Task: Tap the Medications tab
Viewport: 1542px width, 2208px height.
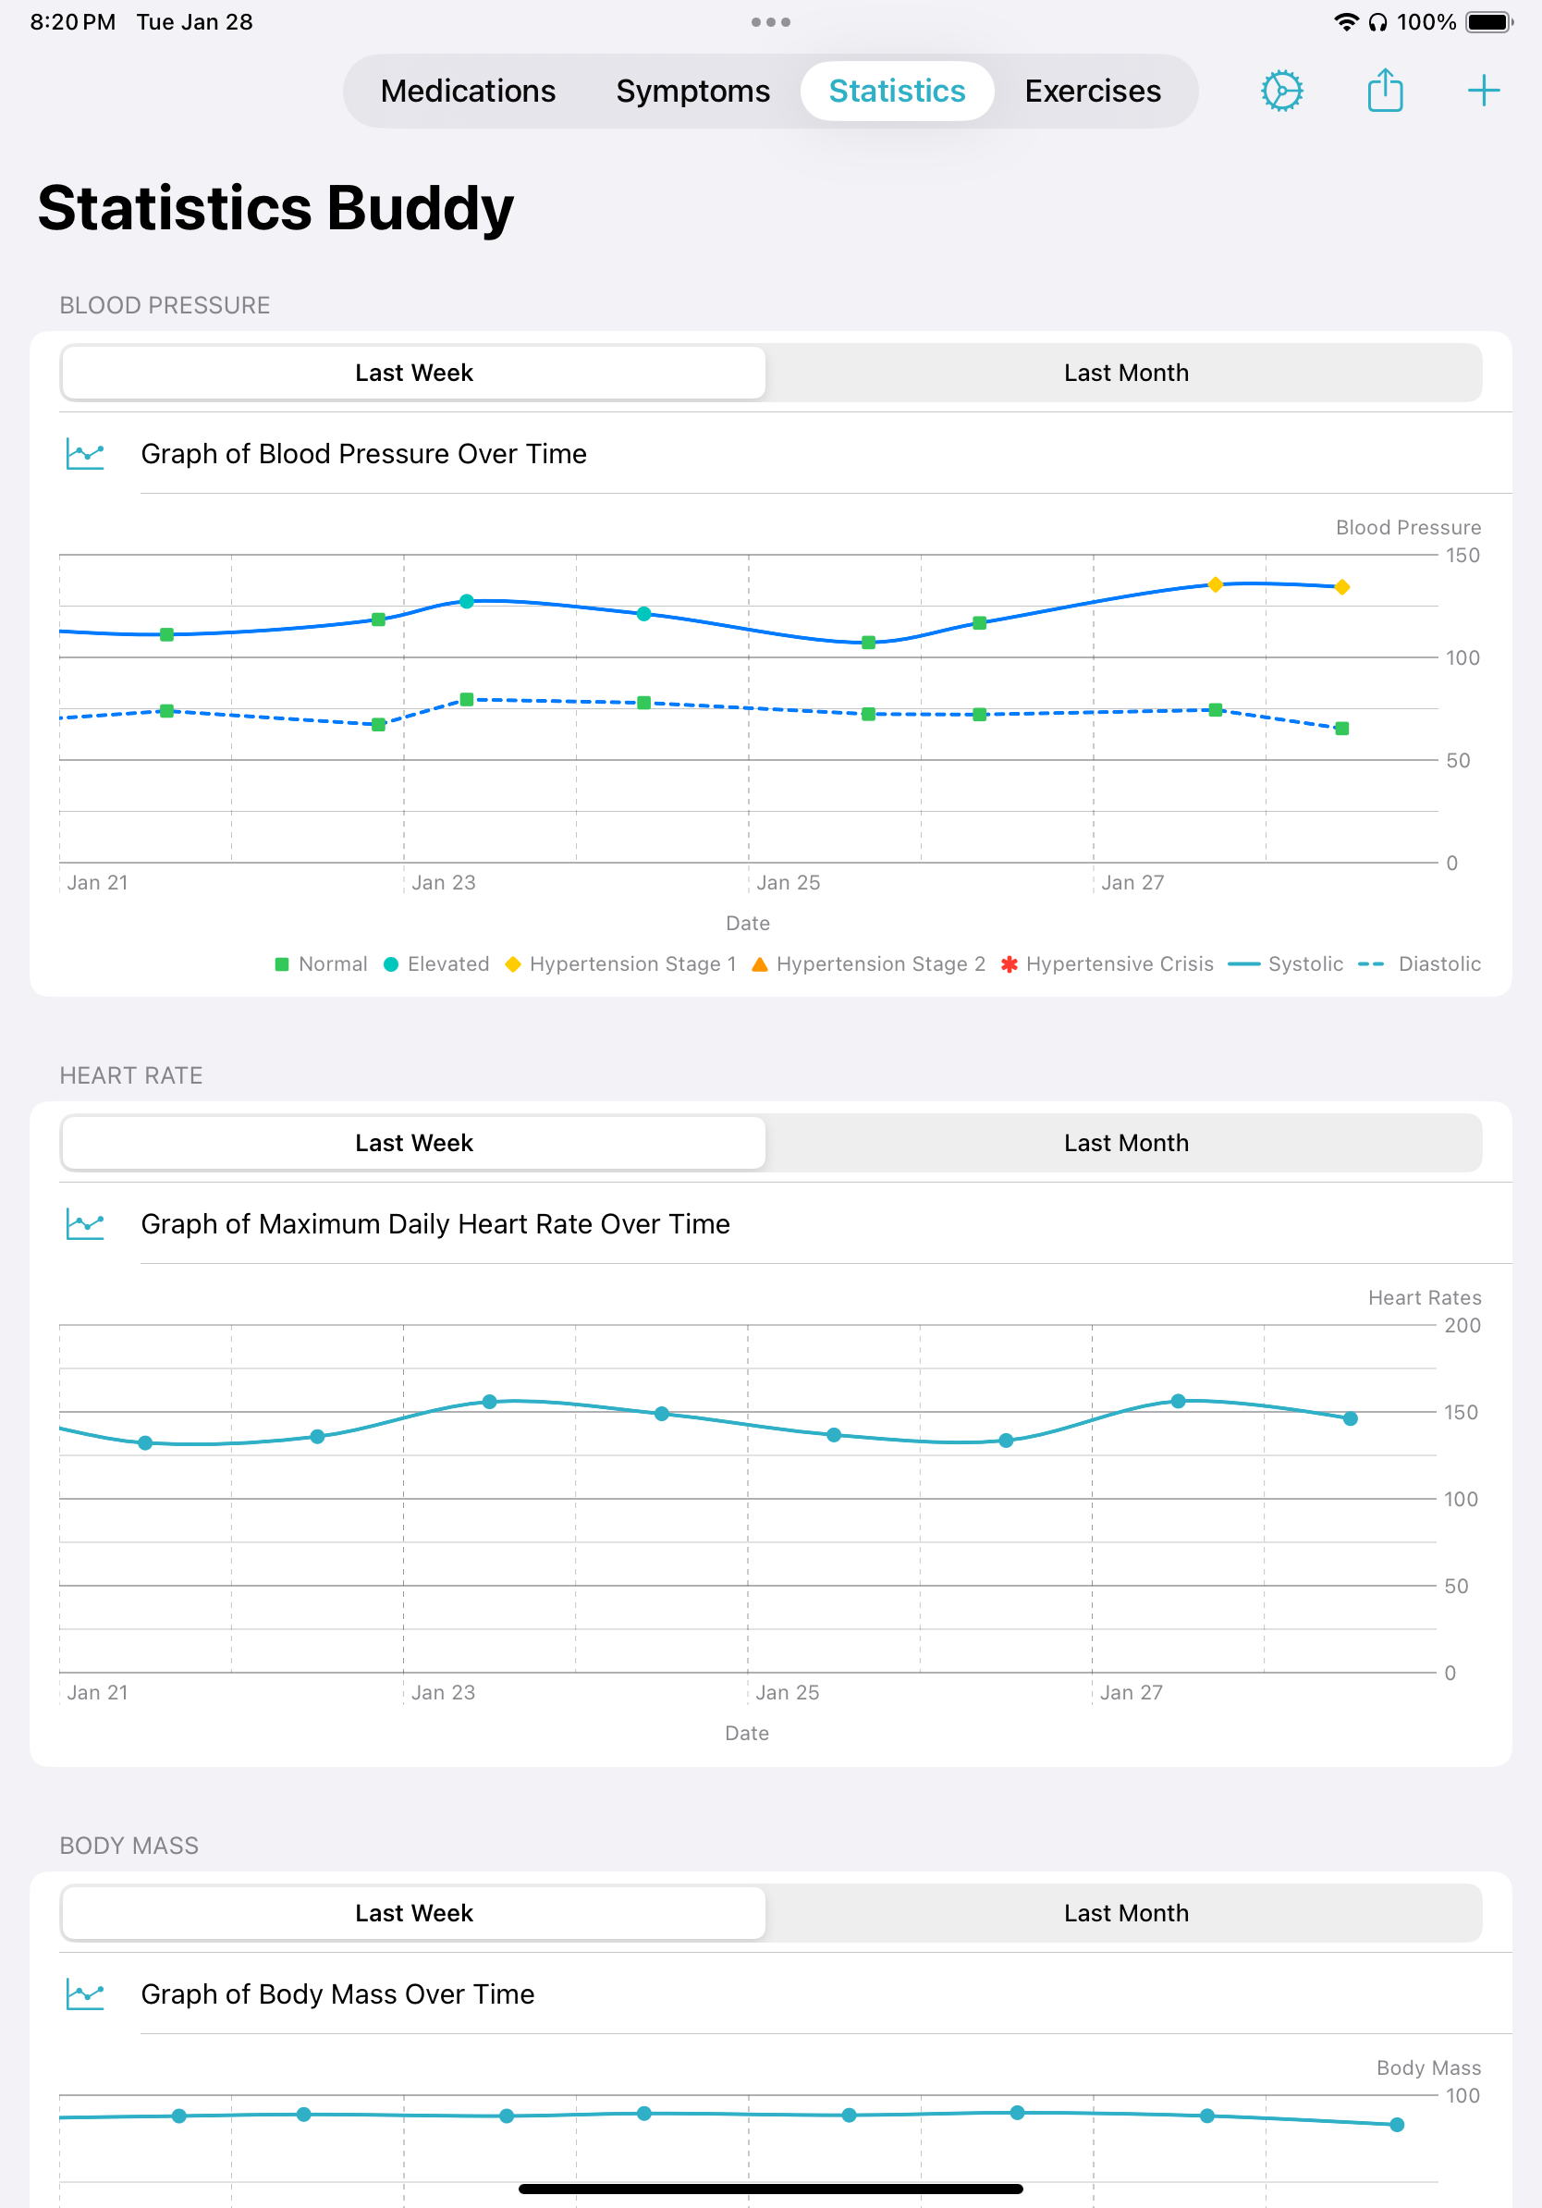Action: click(467, 92)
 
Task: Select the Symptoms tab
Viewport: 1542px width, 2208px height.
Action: click(692, 92)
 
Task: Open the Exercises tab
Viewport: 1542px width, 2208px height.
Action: click(1092, 92)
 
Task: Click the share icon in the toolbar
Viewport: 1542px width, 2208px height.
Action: click(1384, 92)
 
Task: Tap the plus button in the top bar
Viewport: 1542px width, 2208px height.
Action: click(1484, 92)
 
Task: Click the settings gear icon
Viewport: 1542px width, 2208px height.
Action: click(1281, 92)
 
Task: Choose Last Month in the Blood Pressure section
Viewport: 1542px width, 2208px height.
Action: click(1125, 374)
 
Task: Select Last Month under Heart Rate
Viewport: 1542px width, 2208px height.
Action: click(1125, 1144)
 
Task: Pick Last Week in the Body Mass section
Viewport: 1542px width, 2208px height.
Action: click(413, 1914)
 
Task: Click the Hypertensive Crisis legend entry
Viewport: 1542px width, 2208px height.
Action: click(1108, 964)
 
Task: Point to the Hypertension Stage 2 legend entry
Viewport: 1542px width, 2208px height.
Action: click(869, 964)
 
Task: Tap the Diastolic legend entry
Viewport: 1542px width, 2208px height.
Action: click(1423, 964)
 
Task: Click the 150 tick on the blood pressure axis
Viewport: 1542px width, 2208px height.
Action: click(1462, 556)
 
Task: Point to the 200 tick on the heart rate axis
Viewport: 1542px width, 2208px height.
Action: click(1462, 1326)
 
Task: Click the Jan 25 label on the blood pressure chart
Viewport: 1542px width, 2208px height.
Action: click(789, 883)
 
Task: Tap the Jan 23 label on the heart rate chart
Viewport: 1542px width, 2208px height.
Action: click(443, 1693)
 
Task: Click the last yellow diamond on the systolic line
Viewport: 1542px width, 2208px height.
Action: click(1342, 587)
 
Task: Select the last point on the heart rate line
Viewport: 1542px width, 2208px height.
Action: click(1350, 1418)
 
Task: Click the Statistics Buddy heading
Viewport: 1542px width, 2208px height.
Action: click(275, 209)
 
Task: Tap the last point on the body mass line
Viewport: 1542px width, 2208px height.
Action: click(1397, 2125)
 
